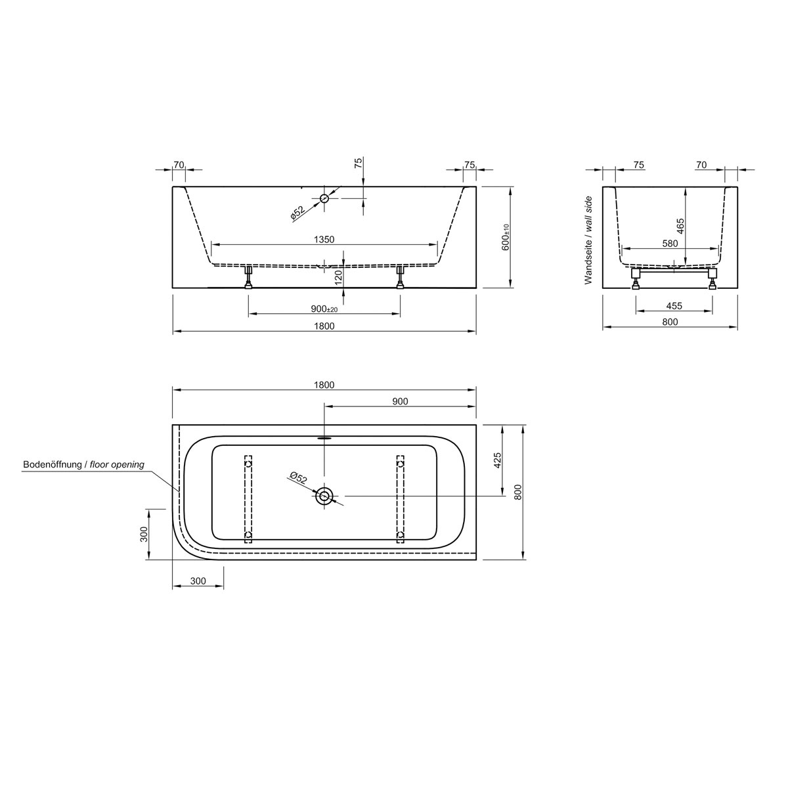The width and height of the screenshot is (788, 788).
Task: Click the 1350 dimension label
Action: tap(324, 240)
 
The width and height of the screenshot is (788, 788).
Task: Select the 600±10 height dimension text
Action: tap(506, 237)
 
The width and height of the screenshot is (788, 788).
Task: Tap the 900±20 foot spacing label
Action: tap(324, 309)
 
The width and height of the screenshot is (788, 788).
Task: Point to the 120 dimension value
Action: tap(339, 276)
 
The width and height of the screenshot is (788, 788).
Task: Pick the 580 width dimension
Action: tap(670, 244)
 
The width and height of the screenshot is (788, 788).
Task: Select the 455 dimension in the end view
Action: tap(674, 305)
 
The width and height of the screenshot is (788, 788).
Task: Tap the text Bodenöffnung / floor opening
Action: tap(83, 465)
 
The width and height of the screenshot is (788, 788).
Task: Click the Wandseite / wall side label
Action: tap(588, 240)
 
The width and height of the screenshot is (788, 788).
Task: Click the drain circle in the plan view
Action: tap(324, 496)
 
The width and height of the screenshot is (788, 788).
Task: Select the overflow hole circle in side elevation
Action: tap(324, 198)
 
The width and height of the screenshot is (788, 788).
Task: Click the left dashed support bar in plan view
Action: tap(248, 500)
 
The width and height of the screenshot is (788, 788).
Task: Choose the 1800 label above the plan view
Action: tap(324, 385)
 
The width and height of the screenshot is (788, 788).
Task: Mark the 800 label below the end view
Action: tap(670, 322)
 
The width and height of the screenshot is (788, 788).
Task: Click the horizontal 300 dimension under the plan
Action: tap(198, 581)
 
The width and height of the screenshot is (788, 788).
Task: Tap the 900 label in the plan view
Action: tap(400, 401)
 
